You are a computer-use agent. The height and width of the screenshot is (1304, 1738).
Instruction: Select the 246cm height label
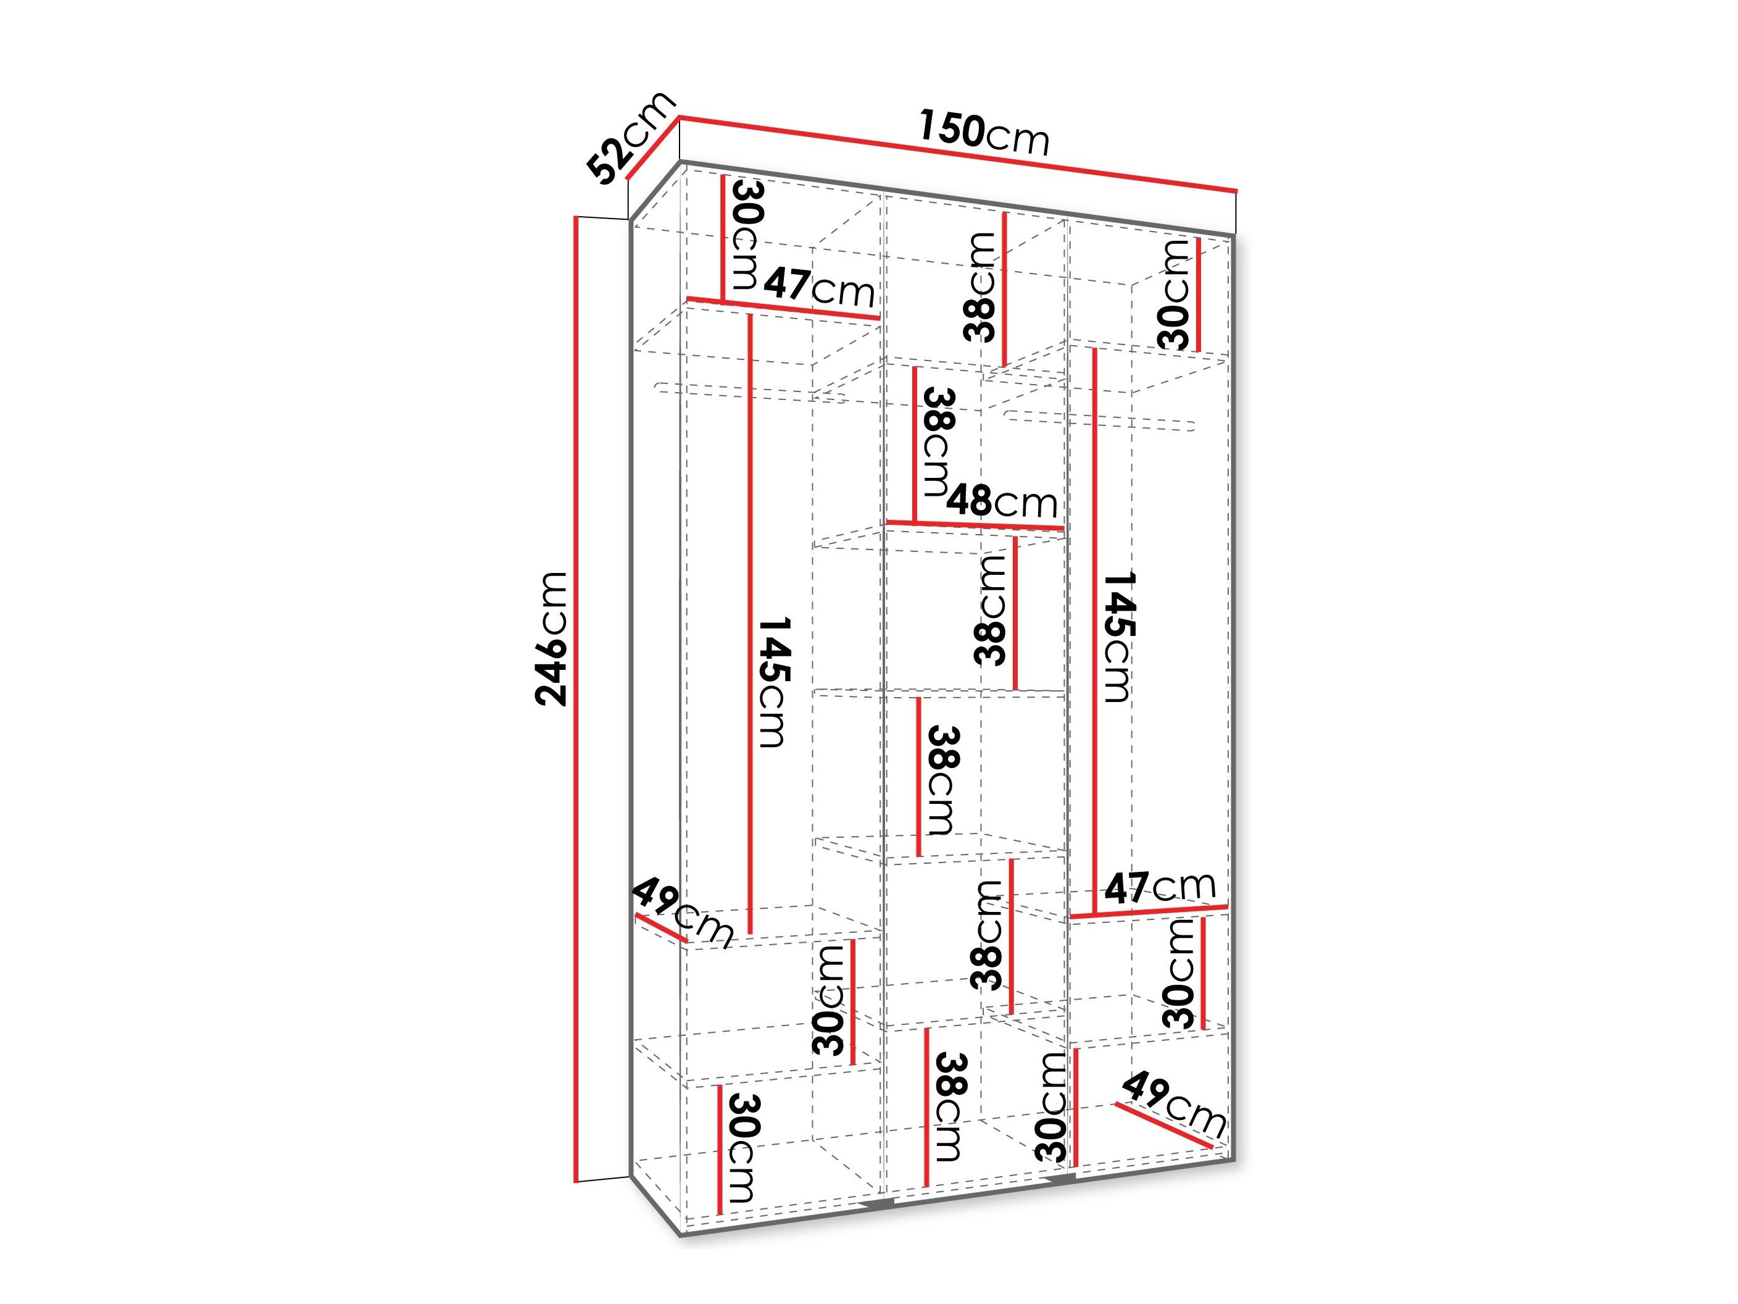[551, 638]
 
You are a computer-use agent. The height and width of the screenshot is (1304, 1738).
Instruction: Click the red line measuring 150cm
[958, 165]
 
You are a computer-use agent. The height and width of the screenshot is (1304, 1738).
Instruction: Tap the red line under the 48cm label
[975, 524]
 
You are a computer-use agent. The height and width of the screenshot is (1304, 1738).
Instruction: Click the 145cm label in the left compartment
[774, 682]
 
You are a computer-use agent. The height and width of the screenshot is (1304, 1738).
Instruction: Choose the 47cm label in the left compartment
[820, 288]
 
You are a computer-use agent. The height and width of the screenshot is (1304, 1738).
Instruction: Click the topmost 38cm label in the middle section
[981, 287]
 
